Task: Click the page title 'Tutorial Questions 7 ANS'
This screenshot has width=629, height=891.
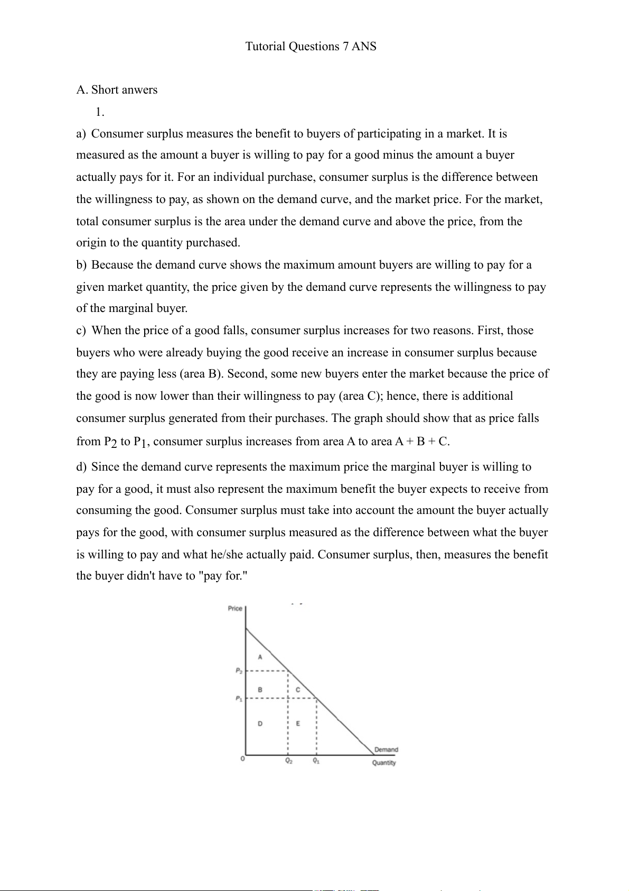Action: [x=311, y=47]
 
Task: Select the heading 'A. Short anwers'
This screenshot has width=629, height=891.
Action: [x=117, y=90]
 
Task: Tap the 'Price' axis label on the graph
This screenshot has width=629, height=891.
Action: [x=235, y=609]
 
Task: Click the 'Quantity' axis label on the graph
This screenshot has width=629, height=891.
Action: [x=384, y=763]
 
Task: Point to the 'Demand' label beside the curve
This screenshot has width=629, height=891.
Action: [x=386, y=749]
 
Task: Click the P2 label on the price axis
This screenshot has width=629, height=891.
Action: [x=239, y=671]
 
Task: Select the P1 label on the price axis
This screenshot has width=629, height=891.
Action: [x=239, y=699]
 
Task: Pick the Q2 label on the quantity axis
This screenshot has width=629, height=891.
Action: [x=289, y=761]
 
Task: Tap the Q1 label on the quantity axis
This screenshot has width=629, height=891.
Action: [x=316, y=761]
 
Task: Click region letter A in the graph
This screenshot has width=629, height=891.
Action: [x=260, y=657]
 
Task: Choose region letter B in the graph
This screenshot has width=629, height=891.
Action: [x=260, y=690]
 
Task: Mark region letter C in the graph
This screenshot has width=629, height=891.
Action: [x=298, y=690]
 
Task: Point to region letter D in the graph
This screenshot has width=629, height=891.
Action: [x=260, y=723]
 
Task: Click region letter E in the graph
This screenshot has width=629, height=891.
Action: [x=298, y=723]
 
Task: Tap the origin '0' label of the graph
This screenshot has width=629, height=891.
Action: [x=242, y=759]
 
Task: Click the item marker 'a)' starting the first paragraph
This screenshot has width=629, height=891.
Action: [x=81, y=134]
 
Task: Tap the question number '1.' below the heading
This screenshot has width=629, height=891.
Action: [x=100, y=112]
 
